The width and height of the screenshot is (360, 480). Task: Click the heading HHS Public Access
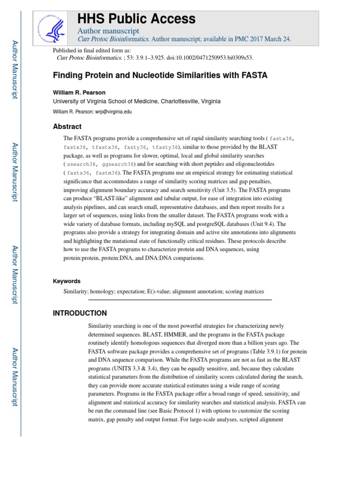tap(136, 19)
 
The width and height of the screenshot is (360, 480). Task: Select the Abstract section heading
tap(67, 127)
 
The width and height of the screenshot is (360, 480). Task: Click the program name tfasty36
tap(165, 147)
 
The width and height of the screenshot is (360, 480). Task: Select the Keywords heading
tap(67, 281)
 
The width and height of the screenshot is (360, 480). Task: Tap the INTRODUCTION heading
tap(80, 313)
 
